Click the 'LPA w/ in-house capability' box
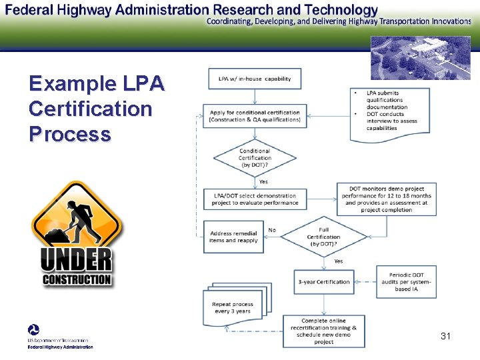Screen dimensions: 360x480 pos(254,79)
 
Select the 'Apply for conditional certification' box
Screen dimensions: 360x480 pos(254,115)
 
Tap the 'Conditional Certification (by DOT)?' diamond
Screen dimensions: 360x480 pos(255,158)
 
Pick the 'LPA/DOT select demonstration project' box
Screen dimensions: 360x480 pos(255,199)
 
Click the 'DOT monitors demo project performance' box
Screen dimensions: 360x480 pos(386,199)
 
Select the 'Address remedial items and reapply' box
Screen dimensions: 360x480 pos(233,237)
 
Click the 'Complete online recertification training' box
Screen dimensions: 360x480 pos(323,331)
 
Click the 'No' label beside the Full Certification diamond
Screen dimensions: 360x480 pos(272,230)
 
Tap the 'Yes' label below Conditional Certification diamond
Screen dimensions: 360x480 pos(263,181)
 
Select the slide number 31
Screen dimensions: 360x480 pos(445,336)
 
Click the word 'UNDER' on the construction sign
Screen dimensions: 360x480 pos(76,260)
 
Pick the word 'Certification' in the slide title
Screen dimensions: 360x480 pos(91,108)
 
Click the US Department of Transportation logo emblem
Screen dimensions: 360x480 pos(33,330)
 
